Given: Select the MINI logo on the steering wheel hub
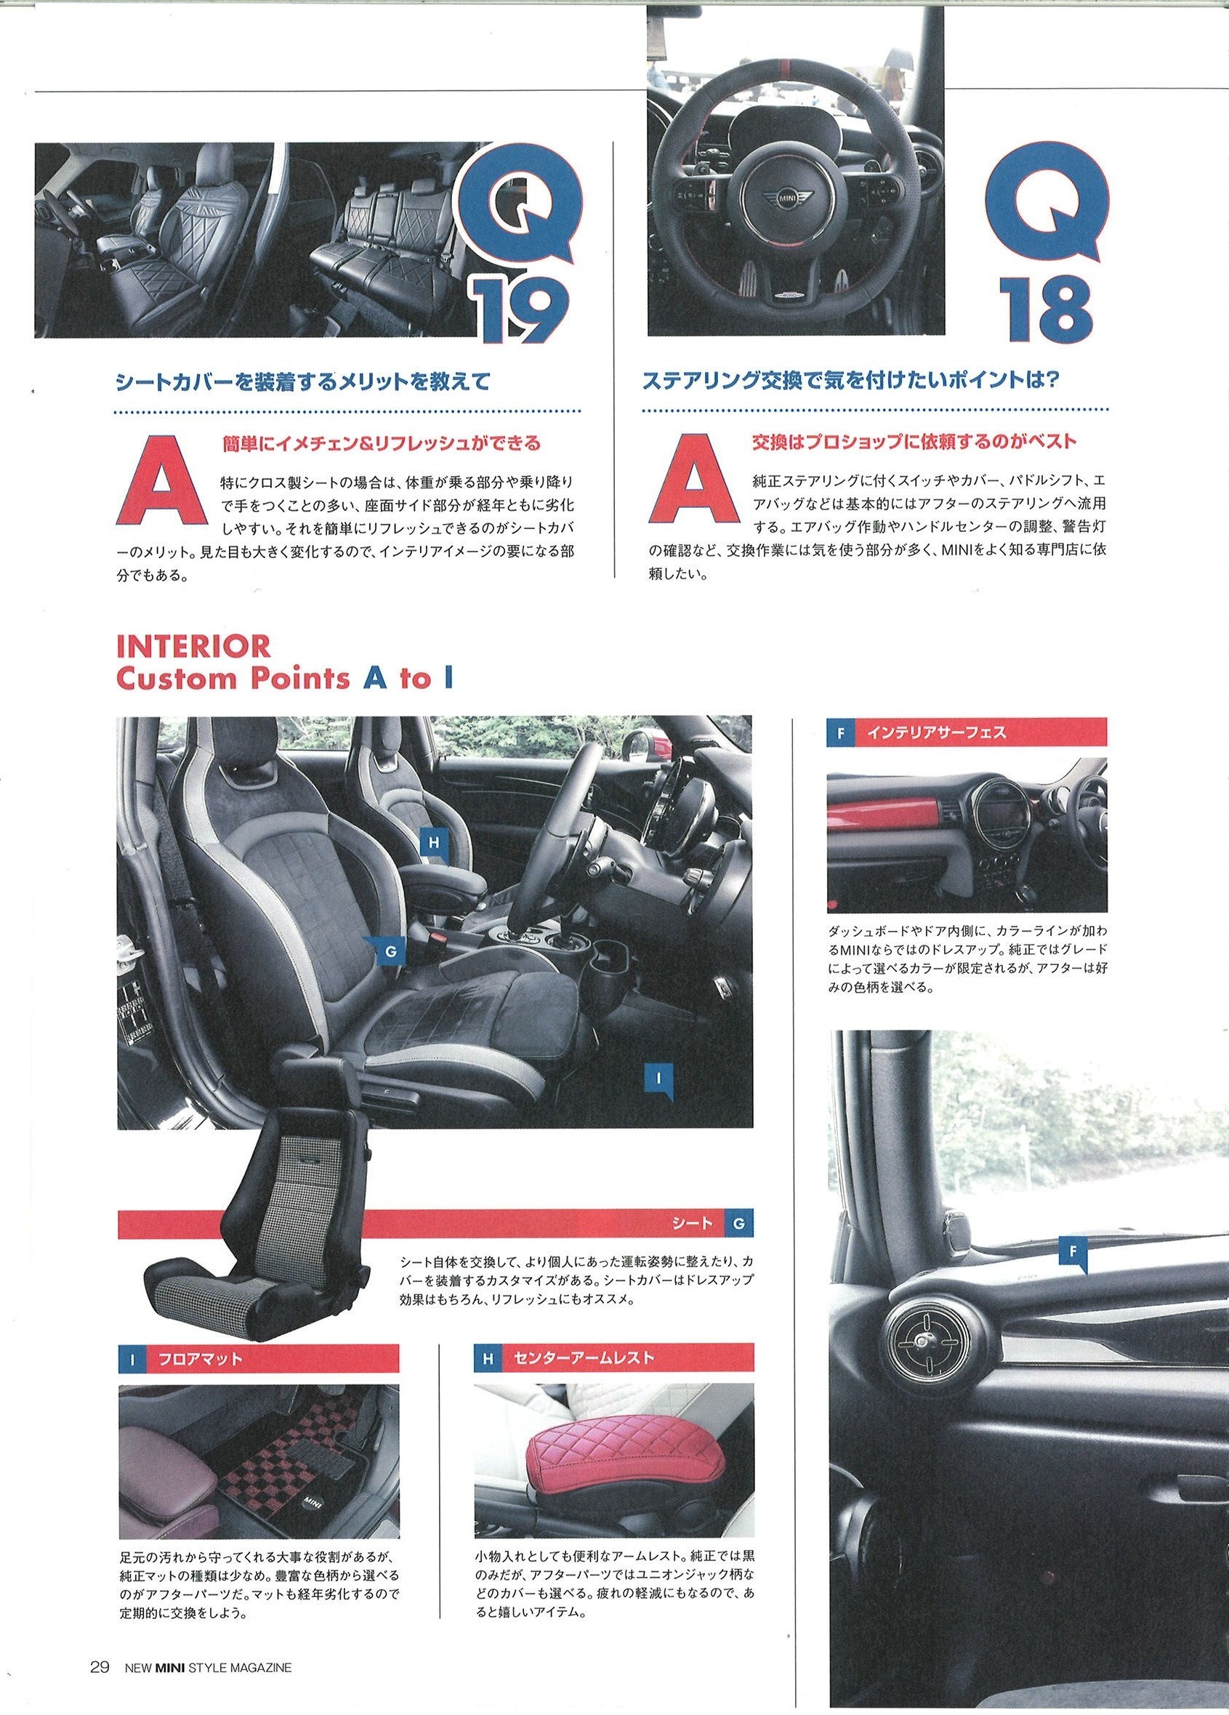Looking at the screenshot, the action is coord(786,198).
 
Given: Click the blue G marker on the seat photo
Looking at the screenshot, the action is coord(391,952).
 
